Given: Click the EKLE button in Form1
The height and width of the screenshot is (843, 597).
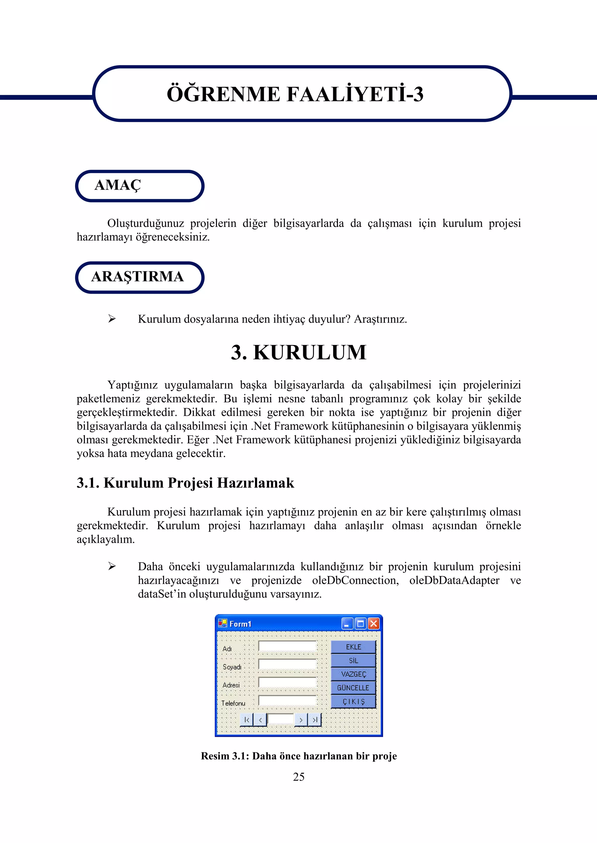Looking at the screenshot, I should point(353,647).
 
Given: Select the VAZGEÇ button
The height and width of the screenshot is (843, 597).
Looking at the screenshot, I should point(353,674).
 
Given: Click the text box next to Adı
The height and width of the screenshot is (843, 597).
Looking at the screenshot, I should point(287,646).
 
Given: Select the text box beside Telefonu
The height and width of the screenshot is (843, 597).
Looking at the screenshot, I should point(287,700).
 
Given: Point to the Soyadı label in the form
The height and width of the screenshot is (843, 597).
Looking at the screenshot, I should point(232,667).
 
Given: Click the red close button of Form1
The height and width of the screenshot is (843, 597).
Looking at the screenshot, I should point(373,624).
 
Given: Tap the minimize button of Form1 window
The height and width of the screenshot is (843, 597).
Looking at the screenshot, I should point(347,624).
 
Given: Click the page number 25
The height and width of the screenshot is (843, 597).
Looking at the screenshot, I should point(298,776).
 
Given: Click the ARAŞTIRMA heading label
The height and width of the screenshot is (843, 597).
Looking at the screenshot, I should point(138,277).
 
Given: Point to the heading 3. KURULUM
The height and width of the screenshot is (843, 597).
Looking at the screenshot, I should point(298,352).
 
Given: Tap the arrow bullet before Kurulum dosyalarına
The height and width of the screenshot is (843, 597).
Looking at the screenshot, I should point(112,319).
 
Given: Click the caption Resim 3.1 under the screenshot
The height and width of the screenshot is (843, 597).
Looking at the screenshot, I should point(298,756).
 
